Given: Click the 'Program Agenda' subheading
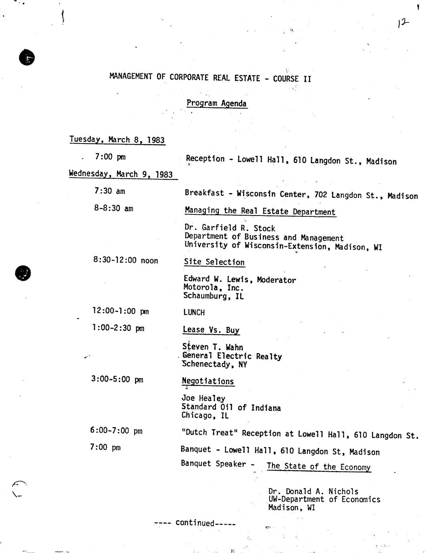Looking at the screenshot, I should pos(216,103).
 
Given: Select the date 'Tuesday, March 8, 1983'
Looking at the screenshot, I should pos(117,140).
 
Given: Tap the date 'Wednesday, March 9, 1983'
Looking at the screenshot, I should pos(121,174).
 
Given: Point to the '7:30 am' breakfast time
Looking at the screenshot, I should pos(110,191).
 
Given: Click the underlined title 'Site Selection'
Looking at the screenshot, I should pos(214,262).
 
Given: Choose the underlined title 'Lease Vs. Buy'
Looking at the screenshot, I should pos(211,330).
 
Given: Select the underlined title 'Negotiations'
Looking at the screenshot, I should pos(208,381).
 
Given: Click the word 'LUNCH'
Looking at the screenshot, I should pos(194,312).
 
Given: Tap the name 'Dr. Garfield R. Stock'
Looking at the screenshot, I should pos(230,228).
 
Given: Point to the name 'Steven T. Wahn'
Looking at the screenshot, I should pos(213,347).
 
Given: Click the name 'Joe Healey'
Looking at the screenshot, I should pos(203,398).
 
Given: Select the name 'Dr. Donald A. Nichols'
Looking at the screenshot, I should pos(313,491).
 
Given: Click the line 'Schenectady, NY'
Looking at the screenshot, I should pos(215,364).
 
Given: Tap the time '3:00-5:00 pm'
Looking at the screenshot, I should pos(117,379).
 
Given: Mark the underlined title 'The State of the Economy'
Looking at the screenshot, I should pos(318,466).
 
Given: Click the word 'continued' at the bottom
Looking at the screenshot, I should pos(195,523).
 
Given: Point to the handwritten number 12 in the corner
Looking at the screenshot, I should pos(403,23).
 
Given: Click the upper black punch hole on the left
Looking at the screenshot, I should pos(27,58).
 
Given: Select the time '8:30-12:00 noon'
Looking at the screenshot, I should pos(125,260).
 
